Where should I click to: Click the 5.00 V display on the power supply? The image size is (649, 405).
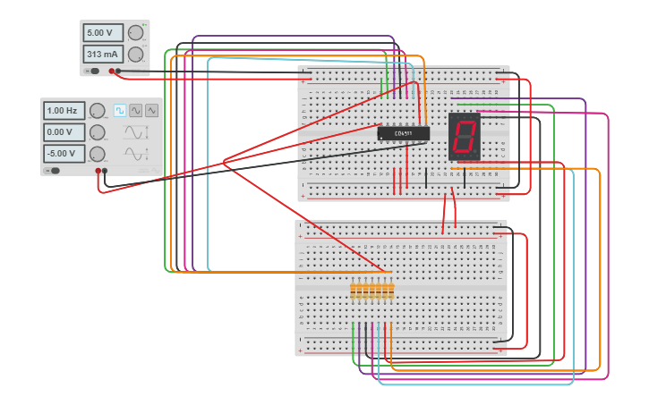tap(102, 32)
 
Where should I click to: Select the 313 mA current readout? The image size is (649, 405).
tap(102, 54)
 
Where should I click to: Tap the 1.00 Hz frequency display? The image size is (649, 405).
tap(64, 111)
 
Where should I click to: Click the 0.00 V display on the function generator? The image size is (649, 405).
tap(64, 132)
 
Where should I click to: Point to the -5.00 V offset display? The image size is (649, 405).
tap(64, 154)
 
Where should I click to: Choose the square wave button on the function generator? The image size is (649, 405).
tap(119, 110)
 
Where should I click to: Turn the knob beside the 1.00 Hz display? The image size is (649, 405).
tap(96, 111)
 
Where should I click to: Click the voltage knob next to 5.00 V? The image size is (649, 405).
tap(135, 33)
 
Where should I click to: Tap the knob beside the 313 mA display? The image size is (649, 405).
tap(135, 55)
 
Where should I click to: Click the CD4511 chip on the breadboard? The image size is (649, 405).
tap(404, 133)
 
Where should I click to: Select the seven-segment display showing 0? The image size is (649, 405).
tap(464, 137)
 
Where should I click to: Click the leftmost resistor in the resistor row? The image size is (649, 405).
tap(354, 291)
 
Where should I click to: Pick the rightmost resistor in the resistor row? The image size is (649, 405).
tap(390, 291)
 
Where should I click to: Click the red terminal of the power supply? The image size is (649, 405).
tap(112, 71)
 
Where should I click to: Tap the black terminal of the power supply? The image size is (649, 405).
tap(118, 71)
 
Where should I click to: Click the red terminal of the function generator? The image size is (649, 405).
tap(98, 171)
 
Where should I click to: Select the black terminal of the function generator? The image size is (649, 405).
tap(105, 171)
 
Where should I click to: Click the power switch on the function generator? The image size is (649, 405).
tap(53, 170)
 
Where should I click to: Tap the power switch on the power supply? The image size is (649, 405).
tap(92, 71)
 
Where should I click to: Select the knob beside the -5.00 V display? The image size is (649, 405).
tap(96, 154)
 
